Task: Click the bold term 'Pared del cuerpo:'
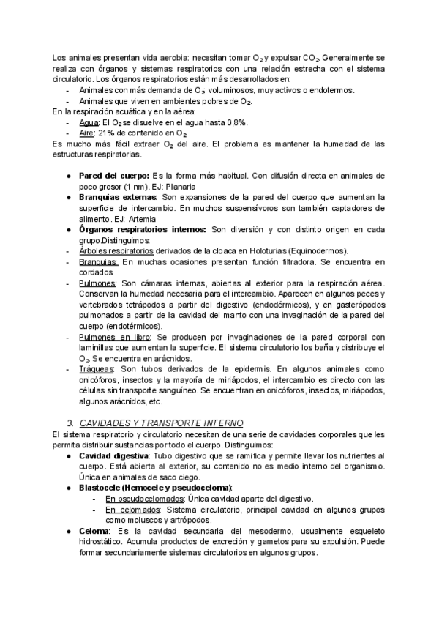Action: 114,176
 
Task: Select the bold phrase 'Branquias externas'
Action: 117,198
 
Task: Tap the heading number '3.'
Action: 71,423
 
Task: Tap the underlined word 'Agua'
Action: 89,123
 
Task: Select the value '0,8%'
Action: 234,123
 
